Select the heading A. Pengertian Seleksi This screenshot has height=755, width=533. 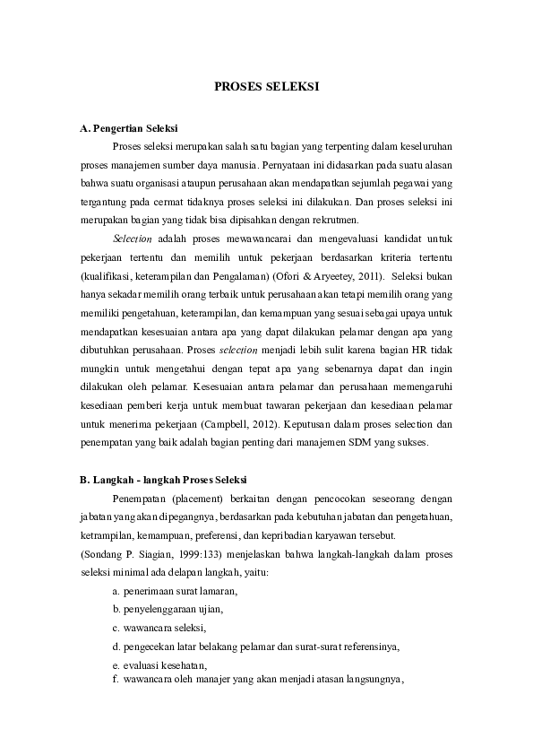click(128, 128)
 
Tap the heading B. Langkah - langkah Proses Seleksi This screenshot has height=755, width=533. click(163, 478)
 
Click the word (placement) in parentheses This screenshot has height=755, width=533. click(192, 498)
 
